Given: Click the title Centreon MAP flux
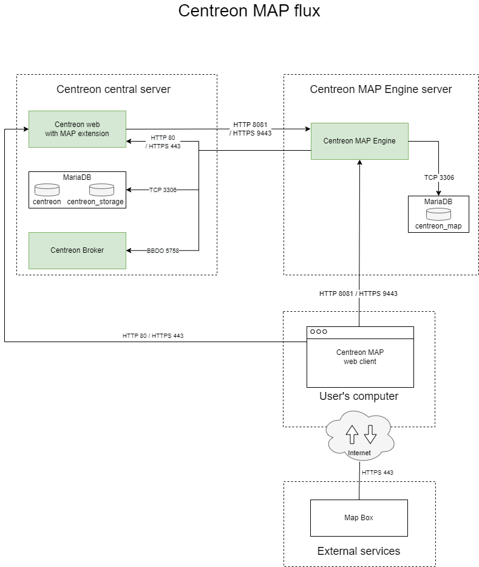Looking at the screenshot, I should [x=249, y=11].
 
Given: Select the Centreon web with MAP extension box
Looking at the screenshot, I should [x=77, y=129].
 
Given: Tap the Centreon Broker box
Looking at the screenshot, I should [x=77, y=250].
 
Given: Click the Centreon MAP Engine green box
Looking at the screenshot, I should [x=359, y=141].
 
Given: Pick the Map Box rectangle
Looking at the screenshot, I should [x=359, y=518].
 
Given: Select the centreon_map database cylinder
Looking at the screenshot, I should [x=438, y=214].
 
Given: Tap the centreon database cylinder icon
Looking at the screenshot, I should [x=47, y=190].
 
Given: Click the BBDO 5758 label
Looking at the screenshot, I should [x=163, y=250].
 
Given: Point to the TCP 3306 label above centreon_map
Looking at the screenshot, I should [x=439, y=177].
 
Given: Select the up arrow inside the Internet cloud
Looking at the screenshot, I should [x=352, y=434].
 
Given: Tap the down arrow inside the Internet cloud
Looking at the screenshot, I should [x=370, y=434].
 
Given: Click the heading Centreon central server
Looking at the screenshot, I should [x=114, y=89].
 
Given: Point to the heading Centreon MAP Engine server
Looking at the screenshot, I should [x=381, y=89].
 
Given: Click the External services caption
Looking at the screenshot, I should [x=359, y=551].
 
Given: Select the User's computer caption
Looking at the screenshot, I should [x=359, y=396].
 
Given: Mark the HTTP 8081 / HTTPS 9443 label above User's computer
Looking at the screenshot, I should [x=358, y=294].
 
